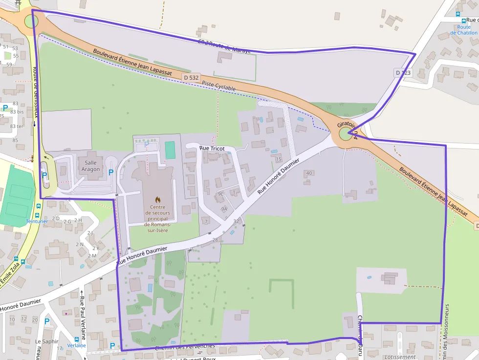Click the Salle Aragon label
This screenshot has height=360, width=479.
click(x=91, y=166)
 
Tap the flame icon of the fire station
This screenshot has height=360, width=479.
click(x=157, y=199)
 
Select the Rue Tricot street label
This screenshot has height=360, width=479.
click(x=212, y=148)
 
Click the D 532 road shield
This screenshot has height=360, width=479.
click(x=192, y=78)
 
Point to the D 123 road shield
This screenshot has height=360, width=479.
click(x=404, y=73)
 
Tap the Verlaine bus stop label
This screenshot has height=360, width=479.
click(x=76, y=345)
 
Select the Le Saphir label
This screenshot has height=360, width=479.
click(x=46, y=341)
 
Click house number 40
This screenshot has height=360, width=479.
click(x=308, y=173)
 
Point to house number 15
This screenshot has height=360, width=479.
click(x=279, y=159)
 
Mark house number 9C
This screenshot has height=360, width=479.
click(x=220, y=194)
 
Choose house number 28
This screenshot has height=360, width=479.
click(x=215, y=240)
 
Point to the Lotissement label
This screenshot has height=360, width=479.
click(x=399, y=357)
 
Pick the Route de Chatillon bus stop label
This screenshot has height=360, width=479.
click(x=464, y=30)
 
